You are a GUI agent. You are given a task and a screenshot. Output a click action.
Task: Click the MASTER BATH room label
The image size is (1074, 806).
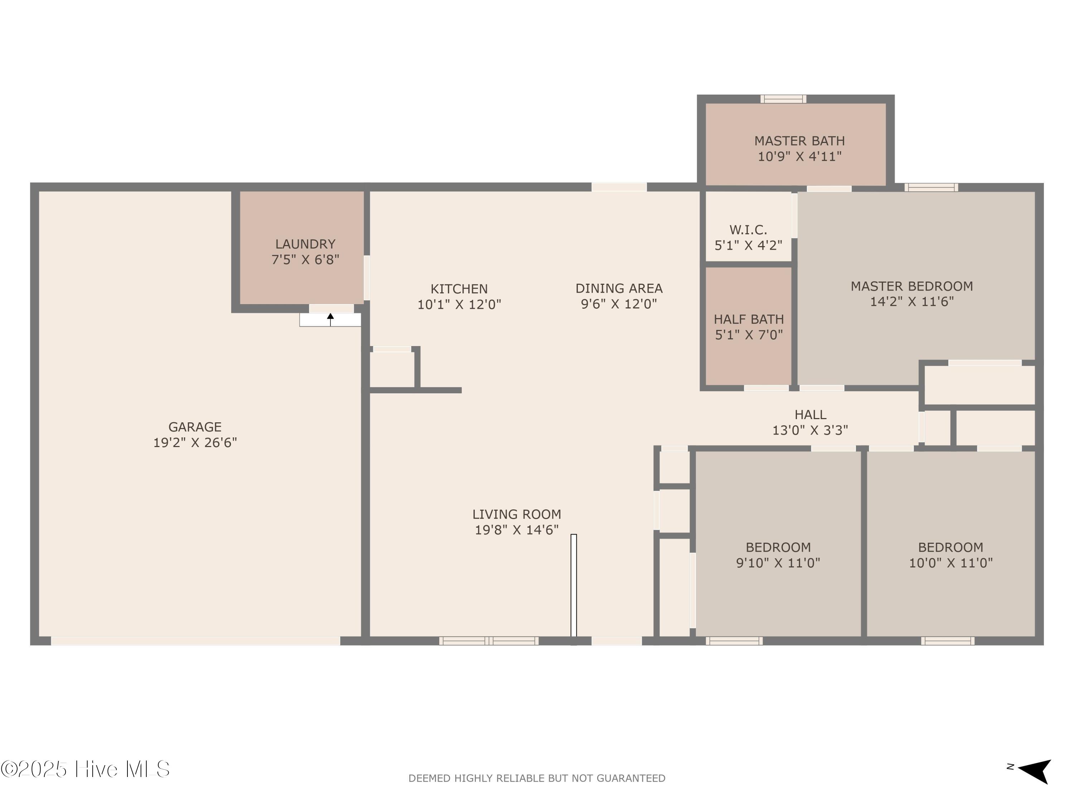pyautogui.click(x=799, y=141)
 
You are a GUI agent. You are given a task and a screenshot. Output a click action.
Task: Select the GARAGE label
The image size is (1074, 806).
pyautogui.click(x=195, y=427)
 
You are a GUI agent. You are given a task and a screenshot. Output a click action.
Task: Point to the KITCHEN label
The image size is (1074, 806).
pyautogui.click(x=459, y=289)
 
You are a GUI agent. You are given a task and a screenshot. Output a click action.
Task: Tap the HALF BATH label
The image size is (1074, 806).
pyautogui.click(x=748, y=319)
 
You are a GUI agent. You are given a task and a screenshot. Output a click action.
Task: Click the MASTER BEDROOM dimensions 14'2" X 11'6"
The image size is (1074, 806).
pyautogui.click(x=911, y=301)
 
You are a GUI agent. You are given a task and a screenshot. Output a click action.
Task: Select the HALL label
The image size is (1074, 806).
pyautogui.click(x=810, y=414)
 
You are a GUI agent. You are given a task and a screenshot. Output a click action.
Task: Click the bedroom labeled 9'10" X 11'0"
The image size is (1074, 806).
pyautogui.click(x=778, y=555)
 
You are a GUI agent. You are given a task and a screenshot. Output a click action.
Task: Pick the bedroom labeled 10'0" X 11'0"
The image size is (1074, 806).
pyautogui.click(x=950, y=555)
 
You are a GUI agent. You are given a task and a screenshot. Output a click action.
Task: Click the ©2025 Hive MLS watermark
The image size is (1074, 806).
pyautogui.click(x=86, y=769)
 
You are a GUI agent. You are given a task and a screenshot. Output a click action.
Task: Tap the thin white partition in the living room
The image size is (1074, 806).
pyautogui.click(x=574, y=585)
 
